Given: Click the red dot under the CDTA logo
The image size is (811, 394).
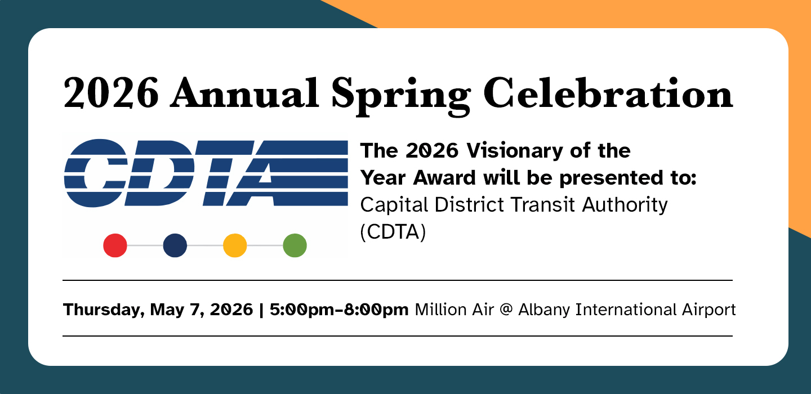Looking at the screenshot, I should click(115, 246).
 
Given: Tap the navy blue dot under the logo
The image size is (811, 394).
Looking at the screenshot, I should click(175, 246).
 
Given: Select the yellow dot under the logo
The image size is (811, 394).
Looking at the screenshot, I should click(235, 246).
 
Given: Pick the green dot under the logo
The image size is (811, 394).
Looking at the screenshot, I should click(295, 246).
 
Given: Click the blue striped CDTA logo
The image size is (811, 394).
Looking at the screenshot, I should click(206, 173).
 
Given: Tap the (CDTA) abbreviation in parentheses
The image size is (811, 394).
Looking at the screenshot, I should click(393, 232).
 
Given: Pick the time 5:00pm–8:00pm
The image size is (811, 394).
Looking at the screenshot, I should click(339, 310).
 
